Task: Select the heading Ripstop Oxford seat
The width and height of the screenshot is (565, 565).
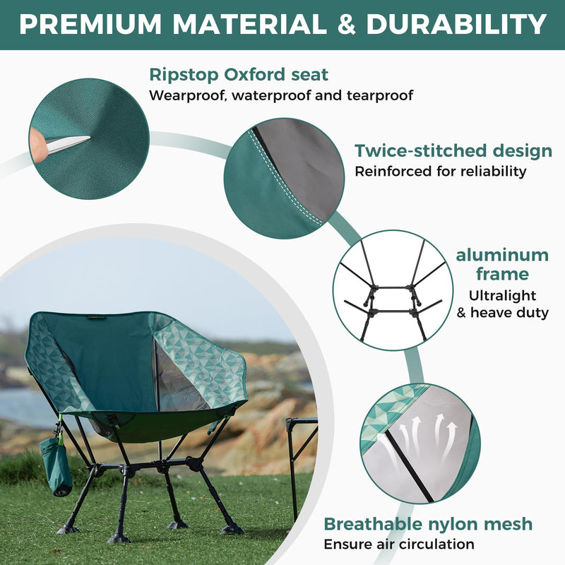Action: [x=239, y=74]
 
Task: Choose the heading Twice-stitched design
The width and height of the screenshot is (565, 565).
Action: [x=453, y=150]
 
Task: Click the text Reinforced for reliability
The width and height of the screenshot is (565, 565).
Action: [x=440, y=171]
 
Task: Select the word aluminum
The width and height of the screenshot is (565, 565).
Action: [x=502, y=255]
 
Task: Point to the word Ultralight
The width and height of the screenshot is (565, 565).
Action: [x=502, y=295]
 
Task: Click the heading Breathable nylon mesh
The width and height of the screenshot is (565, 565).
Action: [x=428, y=524]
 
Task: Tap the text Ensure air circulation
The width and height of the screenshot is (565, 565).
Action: [x=399, y=544]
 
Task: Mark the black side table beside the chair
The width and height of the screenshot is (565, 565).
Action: [x=300, y=452]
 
